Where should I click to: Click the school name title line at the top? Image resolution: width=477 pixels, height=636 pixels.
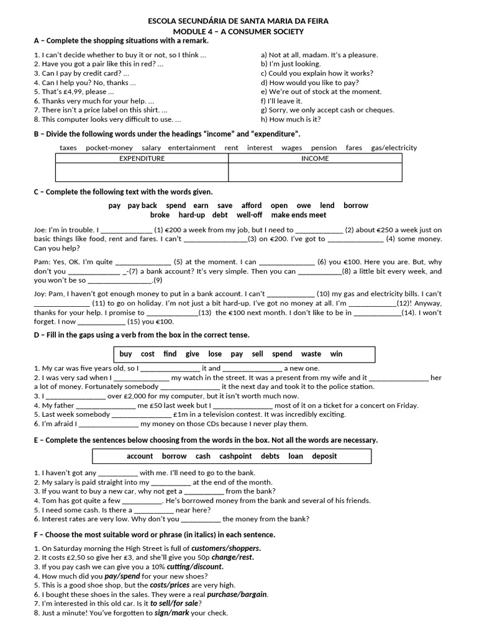tap(238, 21)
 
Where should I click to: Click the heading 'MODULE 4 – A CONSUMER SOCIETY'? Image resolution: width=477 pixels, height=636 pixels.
tap(238, 31)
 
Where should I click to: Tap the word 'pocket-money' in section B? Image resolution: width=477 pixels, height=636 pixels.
tap(109, 148)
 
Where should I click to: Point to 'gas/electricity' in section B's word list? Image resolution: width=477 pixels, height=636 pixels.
tap(394, 148)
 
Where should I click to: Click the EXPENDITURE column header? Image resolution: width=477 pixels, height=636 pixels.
tap(142, 158)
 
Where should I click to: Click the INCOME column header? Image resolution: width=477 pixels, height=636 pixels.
tap(315, 158)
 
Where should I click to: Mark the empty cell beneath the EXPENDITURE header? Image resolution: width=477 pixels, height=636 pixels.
tap(142, 172)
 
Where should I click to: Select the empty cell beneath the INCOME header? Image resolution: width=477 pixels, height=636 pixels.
tap(315, 172)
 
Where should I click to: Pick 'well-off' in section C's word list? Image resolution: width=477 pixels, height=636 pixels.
tap(250, 215)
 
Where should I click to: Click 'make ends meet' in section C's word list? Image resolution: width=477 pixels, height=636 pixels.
tap(298, 215)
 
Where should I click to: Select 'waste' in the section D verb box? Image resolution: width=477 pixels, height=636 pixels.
tap(311, 354)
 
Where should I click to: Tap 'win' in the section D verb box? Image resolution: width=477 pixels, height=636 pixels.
tap(336, 354)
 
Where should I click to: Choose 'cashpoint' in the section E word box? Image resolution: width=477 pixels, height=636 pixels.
tap(235, 456)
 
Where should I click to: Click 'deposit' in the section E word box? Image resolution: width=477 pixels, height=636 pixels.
tap(324, 456)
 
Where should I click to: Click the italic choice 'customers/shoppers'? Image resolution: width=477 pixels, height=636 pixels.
tap(226, 548)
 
